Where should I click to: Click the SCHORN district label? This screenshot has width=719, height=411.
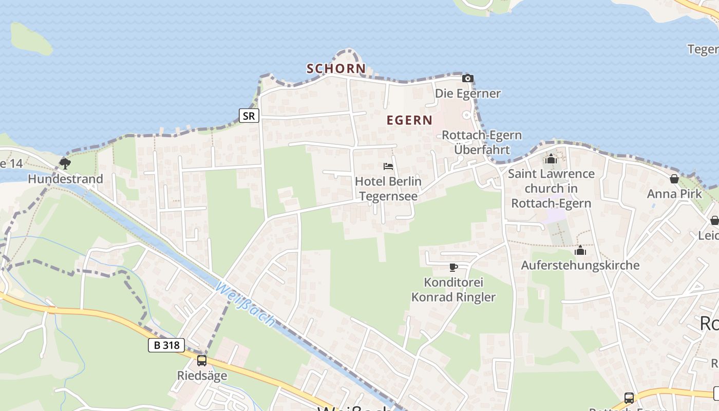click(x=336, y=68)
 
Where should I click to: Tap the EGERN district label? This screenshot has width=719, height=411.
click(x=409, y=120)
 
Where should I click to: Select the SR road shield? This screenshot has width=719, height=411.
click(x=249, y=116)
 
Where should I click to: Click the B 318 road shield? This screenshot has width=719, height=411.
click(x=166, y=345)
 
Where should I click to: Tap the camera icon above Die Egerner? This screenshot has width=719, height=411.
click(x=467, y=79)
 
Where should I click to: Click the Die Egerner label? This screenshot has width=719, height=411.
click(x=468, y=94)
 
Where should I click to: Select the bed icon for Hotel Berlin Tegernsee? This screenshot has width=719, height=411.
click(x=388, y=166)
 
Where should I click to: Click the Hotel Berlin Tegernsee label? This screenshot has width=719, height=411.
click(x=388, y=189)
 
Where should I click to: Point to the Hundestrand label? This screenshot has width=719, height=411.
click(x=65, y=179)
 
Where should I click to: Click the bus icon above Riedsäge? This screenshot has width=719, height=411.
click(x=202, y=361)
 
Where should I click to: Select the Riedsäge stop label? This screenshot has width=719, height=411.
click(x=202, y=376)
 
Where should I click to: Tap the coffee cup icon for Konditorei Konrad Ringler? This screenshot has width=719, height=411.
click(x=453, y=267)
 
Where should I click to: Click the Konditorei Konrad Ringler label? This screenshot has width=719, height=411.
click(x=453, y=290)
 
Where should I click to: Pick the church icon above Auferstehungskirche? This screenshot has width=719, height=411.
click(x=580, y=251)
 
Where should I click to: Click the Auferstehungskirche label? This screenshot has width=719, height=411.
click(x=580, y=265)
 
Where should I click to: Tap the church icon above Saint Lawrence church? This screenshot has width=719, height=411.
click(x=551, y=159)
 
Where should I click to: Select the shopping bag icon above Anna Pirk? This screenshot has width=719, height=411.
click(x=674, y=179)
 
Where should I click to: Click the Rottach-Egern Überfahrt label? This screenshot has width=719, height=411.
click(x=482, y=142)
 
